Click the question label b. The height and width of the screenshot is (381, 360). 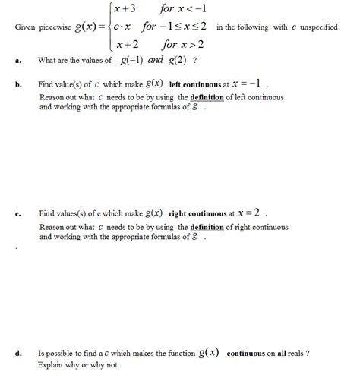coord(17,84)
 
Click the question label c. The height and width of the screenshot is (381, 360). coord(17,214)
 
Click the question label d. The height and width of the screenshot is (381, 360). coord(17,354)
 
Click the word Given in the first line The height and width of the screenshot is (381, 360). coord(27,28)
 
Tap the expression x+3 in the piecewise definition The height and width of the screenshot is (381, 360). coord(123,10)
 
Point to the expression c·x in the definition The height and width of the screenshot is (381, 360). coord(123,27)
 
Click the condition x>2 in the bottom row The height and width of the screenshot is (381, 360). coord(188,45)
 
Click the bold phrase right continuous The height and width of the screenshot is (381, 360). coord(199,214)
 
